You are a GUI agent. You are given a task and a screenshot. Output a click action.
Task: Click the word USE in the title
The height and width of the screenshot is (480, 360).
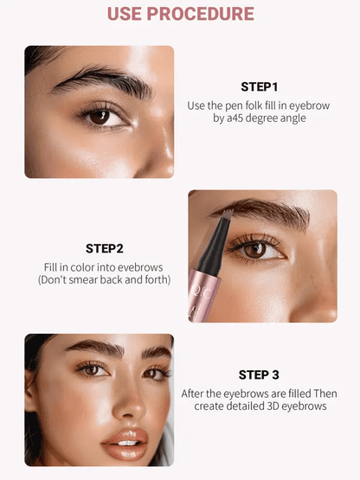[x=128, y=14]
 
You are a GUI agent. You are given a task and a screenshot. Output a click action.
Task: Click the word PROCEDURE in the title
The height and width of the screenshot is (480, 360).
[x=203, y=14]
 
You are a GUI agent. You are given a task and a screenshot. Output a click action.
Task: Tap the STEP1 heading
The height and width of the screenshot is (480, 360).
[x=259, y=86]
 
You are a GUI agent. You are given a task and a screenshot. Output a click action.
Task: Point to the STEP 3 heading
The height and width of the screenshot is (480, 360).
[x=258, y=374]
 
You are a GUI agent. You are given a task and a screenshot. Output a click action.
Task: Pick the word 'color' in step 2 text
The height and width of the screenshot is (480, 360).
[x=88, y=267]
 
